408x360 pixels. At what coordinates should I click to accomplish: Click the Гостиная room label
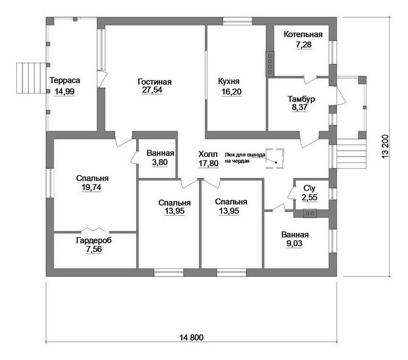pyautogui.click(x=155, y=82)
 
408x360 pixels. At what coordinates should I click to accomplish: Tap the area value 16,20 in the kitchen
pyautogui.click(x=232, y=92)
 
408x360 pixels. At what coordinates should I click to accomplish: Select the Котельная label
pyautogui.click(x=303, y=34)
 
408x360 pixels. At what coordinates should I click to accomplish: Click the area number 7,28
pyautogui.click(x=303, y=45)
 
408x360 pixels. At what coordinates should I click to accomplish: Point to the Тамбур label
pyautogui.click(x=301, y=99)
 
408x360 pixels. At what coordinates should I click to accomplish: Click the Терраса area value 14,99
pyautogui.click(x=65, y=92)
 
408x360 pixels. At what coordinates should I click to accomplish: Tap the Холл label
pyautogui.click(x=208, y=154)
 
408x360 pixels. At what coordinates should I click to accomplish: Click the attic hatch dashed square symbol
pyautogui.click(x=274, y=159)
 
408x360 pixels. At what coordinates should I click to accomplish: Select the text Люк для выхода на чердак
pyautogui.click(x=245, y=158)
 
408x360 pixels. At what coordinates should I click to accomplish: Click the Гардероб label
pyautogui.click(x=94, y=240)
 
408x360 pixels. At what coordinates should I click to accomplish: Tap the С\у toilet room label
pyautogui.click(x=310, y=188)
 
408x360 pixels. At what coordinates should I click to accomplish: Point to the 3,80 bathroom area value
pyautogui.click(x=160, y=162)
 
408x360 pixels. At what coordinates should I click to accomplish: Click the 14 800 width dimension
pyautogui.click(x=191, y=338)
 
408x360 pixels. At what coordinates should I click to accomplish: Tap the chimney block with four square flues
pyautogui.click(x=270, y=63)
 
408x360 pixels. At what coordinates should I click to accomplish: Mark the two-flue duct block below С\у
pyautogui.click(x=310, y=213)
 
